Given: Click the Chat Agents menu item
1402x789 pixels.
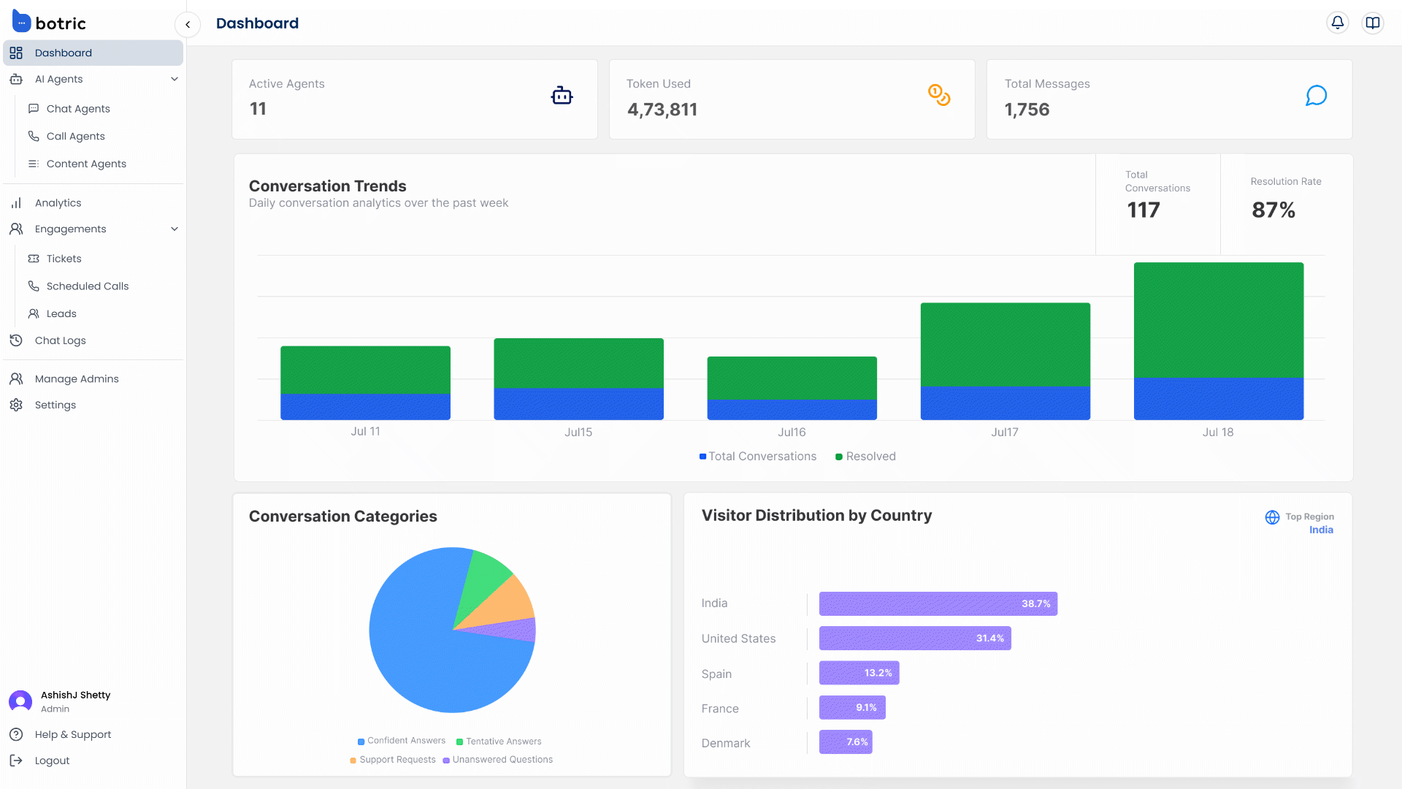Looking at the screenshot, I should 78,109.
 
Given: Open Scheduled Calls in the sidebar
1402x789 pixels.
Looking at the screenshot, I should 87,286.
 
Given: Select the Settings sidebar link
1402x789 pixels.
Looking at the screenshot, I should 55,405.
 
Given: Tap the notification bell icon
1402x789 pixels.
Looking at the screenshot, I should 1337,23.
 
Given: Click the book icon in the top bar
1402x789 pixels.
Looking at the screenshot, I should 1373,23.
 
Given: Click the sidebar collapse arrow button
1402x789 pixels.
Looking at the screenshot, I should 188,25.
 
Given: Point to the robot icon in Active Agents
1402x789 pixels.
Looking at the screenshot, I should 562,96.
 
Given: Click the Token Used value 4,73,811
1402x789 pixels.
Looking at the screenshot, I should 662,110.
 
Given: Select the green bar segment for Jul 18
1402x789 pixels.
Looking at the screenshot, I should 1218,320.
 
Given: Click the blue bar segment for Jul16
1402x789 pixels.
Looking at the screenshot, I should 792,410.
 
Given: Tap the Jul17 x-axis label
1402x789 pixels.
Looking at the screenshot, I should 1004,432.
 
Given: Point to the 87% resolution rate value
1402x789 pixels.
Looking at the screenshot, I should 1273,210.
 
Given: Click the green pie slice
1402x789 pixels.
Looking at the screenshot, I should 483,578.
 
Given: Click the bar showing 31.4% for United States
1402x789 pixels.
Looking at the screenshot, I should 914,639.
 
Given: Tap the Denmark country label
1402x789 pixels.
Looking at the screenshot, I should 725,743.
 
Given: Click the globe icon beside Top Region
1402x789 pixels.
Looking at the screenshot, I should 1272,517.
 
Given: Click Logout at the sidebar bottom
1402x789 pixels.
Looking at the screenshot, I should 52,761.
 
